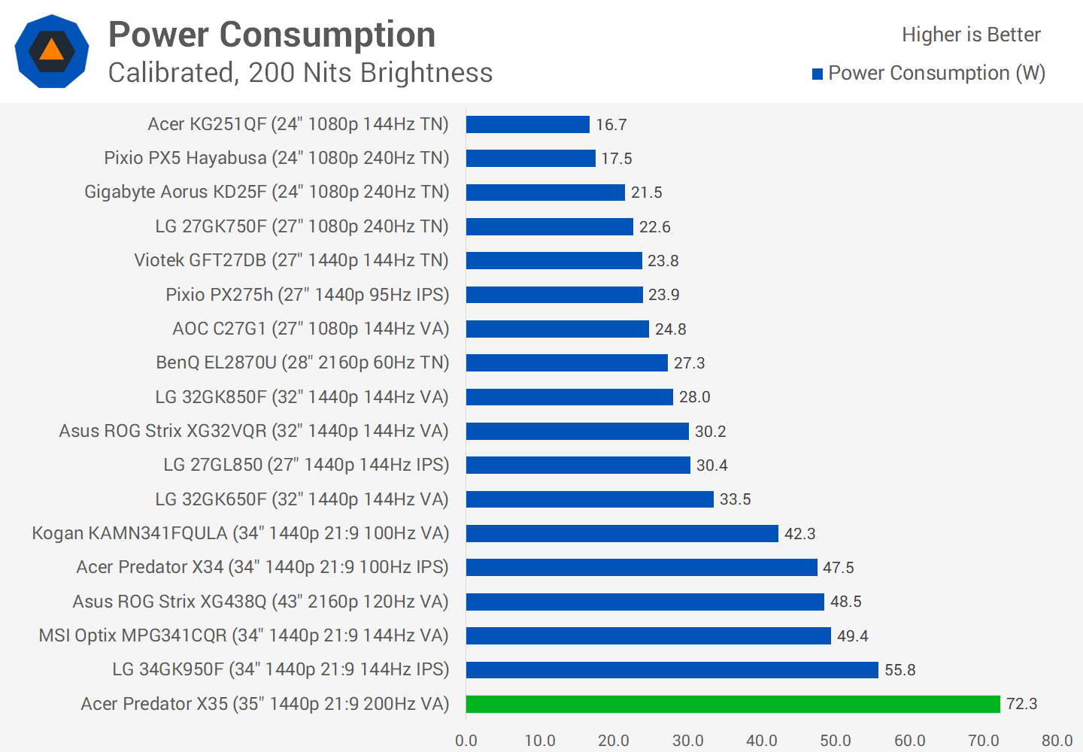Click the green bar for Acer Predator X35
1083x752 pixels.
pyautogui.click(x=733, y=704)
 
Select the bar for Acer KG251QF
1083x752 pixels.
pyautogui.click(x=527, y=124)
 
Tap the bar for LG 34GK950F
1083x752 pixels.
pyautogui.click(x=672, y=669)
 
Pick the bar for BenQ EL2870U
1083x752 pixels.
pyautogui.click(x=566, y=362)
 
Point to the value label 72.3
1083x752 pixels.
pyautogui.click(x=1021, y=704)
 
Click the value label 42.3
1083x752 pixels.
pyautogui.click(x=799, y=533)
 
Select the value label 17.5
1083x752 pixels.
pyautogui.click(x=616, y=159)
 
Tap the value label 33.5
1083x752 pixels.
pyautogui.click(x=735, y=499)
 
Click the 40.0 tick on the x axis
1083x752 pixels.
pyautogui.click(x=762, y=741)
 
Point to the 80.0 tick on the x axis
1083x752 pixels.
pyautogui.click(x=1057, y=741)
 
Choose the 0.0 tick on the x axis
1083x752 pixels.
pyautogui.click(x=466, y=741)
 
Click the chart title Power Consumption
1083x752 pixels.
pyautogui.click(x=272, y=35)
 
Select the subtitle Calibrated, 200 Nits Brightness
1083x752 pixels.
pyautogui.click(x=300, y=73)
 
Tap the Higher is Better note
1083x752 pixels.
pyautogui.click(x=971, y=35)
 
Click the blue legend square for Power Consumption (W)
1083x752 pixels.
pyautogui.click(x=818, y=74)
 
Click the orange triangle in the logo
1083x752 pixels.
pyautogui.click(x=51, y=50)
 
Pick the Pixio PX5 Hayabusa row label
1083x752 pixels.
pyautogui.click(x=276, y=158)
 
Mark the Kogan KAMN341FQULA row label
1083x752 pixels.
pyautogui.click(x=240, y=533)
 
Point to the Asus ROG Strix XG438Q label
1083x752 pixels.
pyautogui.click(x=260, y=602)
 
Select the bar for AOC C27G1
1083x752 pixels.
pyautogui.click(x=557, y=329)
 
